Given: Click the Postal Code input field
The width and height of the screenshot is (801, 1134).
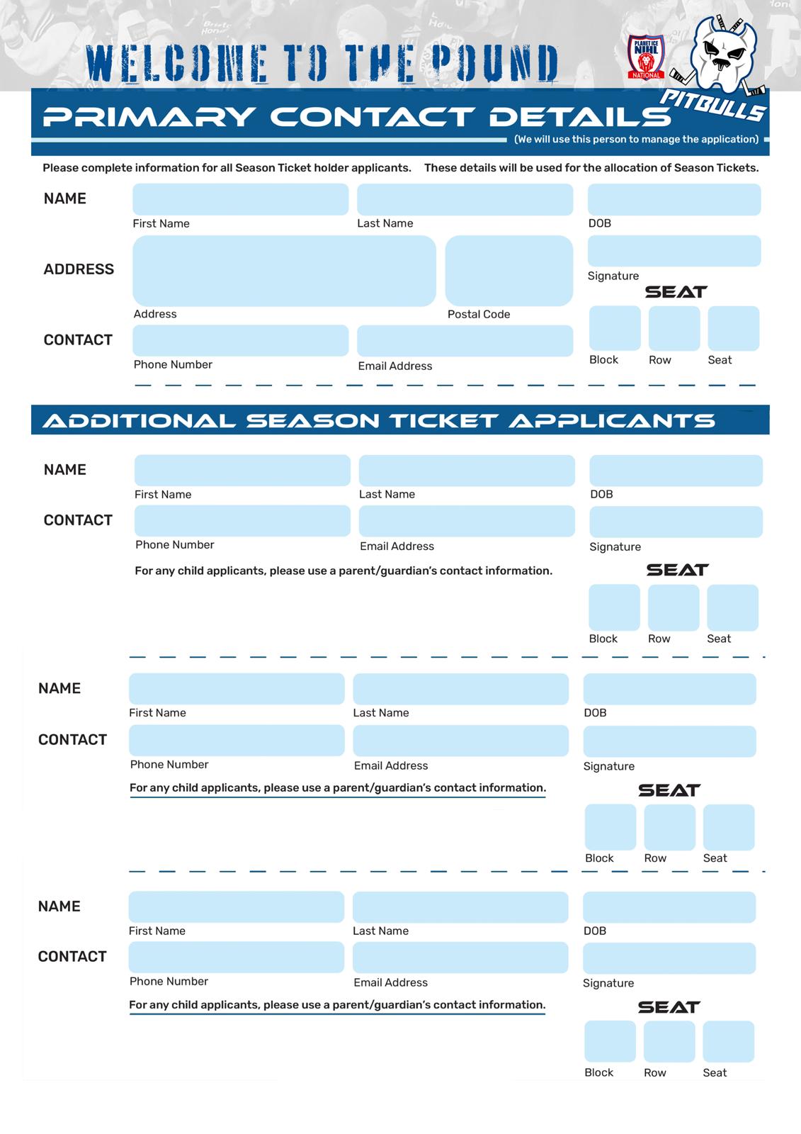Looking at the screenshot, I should (x=509, y=271).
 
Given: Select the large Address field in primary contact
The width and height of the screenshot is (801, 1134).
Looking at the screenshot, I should (x=284, y=271).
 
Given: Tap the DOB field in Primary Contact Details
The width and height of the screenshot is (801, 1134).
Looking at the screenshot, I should (x=674, y=200).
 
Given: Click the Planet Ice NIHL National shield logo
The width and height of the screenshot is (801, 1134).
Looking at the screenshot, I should (x=645, y=57).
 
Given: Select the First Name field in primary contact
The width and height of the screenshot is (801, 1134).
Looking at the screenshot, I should (x=240, y=200).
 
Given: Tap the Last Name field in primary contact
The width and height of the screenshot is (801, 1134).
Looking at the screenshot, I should (x=465, y=200).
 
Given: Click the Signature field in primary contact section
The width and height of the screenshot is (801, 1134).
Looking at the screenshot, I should (x=674, y=252).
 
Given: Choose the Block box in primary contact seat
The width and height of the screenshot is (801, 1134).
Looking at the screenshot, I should (x=614, y=328).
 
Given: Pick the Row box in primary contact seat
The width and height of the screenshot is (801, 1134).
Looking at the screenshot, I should (x=674, y=328).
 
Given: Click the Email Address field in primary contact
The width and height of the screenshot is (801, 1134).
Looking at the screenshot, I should (x=465, y=341).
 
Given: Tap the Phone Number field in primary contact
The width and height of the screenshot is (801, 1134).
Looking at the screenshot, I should (x=240, y=341).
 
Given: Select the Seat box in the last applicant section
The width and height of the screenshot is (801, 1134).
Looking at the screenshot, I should (x=728, y=1041).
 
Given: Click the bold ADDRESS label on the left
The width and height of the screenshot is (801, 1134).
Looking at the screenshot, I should (x=79, y=269).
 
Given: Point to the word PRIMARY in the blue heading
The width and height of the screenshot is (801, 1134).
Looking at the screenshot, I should (x=149, y=117).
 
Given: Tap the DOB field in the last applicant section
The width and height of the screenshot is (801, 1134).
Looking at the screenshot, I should (x=669, y=907).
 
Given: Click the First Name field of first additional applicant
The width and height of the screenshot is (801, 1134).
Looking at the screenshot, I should (x=242, y=471).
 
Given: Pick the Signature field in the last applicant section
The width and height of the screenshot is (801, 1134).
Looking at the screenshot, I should (x=669, y=958).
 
